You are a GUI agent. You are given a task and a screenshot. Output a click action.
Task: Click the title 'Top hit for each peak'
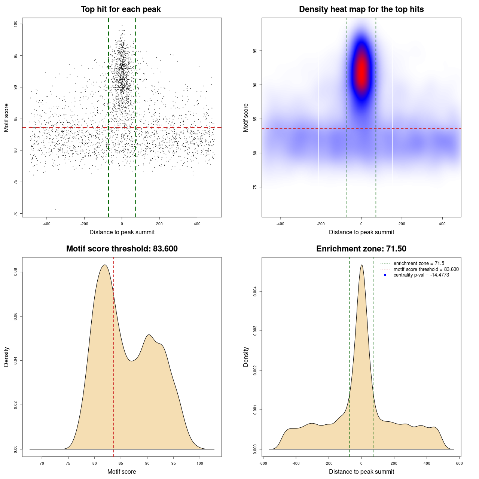coord(120,9)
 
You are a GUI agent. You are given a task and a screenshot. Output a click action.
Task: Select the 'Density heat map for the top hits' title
coord(361,9)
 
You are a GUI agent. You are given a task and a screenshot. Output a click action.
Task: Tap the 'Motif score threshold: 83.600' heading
coord(122,249)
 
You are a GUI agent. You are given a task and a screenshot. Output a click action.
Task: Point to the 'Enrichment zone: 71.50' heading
coord(361,249)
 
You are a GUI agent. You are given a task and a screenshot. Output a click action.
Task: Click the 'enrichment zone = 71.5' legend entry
coord(419,263)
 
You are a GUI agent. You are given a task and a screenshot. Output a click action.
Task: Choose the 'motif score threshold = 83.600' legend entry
coord(426,269)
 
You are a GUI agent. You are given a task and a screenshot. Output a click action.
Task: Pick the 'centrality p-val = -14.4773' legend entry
coord(421,275)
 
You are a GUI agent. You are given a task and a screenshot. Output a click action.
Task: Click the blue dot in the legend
coord(385,275)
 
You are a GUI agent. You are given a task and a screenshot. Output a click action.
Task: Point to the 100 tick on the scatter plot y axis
coord(15,24)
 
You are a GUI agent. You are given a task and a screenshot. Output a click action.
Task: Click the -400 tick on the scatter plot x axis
coord(46,224)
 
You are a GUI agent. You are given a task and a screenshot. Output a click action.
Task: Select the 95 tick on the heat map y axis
coord(255,51)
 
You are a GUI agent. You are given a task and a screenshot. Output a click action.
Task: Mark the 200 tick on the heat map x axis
coord(402,224)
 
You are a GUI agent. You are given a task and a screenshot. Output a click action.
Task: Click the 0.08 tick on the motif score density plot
coord(15,272)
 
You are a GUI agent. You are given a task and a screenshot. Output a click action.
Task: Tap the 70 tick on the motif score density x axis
coord(42,463)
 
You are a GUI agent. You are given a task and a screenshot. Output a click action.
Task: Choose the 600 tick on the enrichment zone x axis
coord(459,463)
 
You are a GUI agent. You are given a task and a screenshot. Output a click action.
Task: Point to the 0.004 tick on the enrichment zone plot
coord(255,291)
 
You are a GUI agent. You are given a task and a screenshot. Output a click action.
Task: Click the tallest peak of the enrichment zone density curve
coord(361,265)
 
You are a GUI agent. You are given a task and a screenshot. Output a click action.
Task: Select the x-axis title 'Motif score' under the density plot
coord(122,472)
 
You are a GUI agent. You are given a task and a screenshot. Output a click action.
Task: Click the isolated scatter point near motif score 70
coord(56,210)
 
